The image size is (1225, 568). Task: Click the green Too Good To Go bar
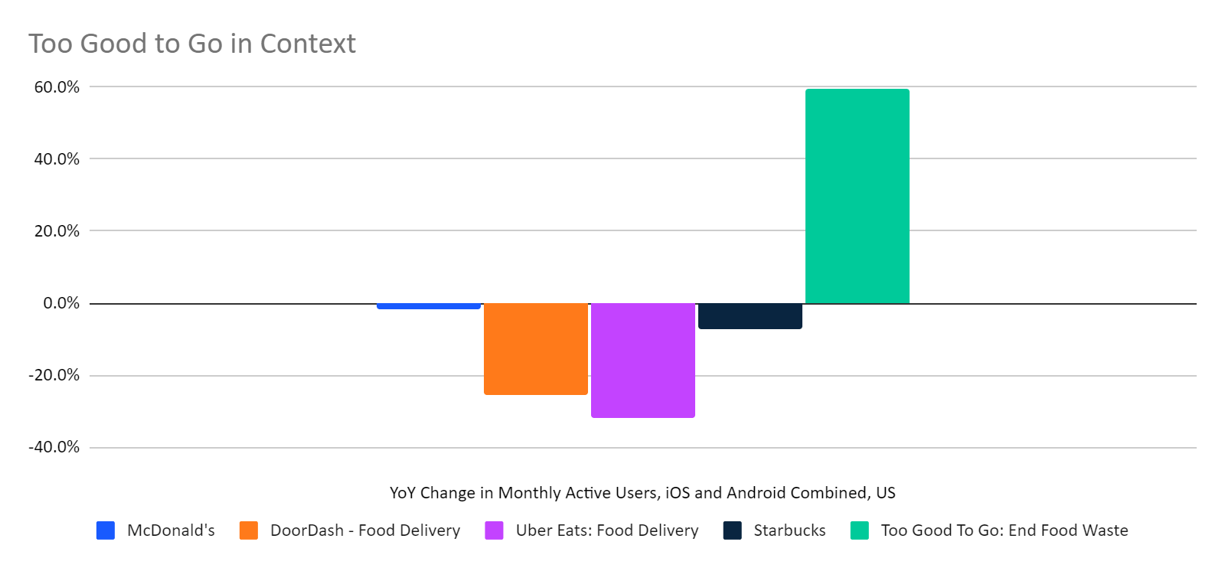pos(857,196)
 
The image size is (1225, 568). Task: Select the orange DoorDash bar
pos(535,349)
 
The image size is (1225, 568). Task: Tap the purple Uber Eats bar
pos(642,361)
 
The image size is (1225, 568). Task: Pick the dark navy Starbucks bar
pos(750,316)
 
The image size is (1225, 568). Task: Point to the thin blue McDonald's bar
pos(428,306)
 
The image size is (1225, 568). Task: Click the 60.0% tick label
pos(57,87)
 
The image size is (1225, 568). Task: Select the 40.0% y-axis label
pos(57,159)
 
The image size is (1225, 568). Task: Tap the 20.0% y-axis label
pos(57,231)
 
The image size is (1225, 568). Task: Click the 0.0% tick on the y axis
pos(61,303)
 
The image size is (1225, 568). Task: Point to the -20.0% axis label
pos(54,375)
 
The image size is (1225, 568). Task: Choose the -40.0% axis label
pos(54,447)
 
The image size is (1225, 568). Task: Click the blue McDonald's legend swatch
pos(106,530)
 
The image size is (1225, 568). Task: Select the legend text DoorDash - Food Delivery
pos(364,530)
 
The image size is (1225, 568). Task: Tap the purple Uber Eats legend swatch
pos(494,530)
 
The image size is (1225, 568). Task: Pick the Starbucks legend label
pos(789,530)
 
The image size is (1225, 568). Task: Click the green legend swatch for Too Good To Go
pos(859,530)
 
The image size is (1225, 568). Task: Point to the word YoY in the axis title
pos(402,493)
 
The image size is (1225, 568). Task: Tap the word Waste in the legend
pos(1104,530)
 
